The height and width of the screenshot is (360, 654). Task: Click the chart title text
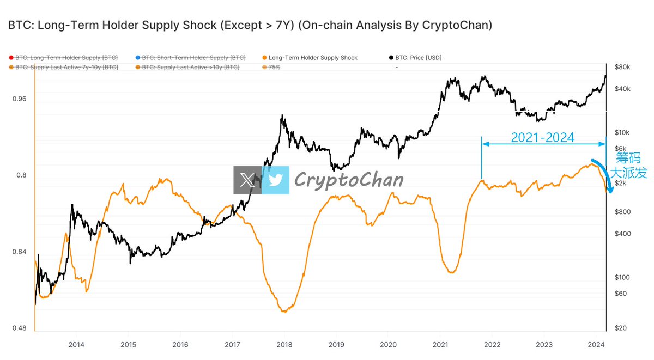250,26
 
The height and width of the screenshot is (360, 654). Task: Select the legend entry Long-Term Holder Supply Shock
313,57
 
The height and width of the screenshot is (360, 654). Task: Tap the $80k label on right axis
622,67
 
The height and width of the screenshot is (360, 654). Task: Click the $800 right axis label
622,211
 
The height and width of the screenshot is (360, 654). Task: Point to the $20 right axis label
621,328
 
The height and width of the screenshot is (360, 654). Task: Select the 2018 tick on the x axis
284,344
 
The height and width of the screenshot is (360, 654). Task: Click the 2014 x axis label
76,344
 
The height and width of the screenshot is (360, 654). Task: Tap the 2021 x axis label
440,344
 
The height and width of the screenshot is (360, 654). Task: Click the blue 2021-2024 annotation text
542,138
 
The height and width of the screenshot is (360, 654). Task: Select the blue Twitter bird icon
275,180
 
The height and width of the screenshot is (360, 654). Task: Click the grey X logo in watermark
247,180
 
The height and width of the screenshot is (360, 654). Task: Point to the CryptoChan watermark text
349,180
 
